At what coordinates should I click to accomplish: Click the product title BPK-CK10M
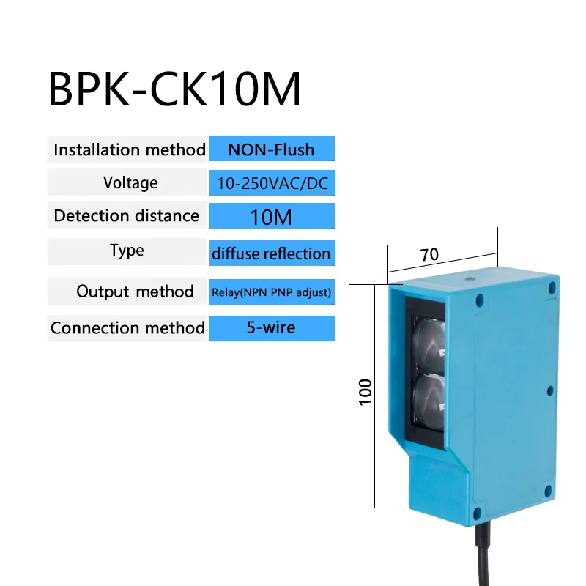(x=174, y=89)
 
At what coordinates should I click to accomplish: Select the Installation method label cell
(x=129, y=149)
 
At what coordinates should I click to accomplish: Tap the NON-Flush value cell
(x=271, y=149)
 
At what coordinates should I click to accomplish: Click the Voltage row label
(x=130, y=182)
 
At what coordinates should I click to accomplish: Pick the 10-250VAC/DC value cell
(x=272, y=183)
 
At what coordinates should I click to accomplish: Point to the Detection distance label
(x=126, y=216)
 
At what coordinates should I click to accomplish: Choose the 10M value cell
(x=272, y=216)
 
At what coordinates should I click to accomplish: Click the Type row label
(x=127, y=251)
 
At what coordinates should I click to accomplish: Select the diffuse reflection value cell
(x=272, y=254)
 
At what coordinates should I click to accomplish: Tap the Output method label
(x=135, y=292)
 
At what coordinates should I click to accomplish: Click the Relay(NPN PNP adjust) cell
(x=272, y=292)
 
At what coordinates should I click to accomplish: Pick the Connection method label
(x=127, y=327)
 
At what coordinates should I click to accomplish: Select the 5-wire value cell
(x=272, y=327)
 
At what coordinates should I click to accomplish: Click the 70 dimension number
(x=429, y=255)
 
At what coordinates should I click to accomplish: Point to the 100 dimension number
(x=366, y=391)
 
